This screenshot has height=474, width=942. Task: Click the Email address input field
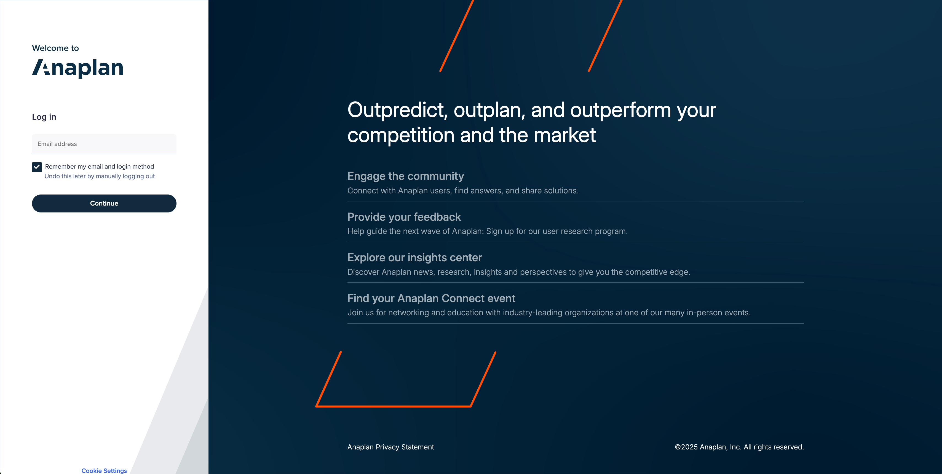point(104,144)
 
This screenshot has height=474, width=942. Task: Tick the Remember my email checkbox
point(37,167)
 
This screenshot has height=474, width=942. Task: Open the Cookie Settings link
point(104,470)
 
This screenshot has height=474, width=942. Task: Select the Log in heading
point(44,117)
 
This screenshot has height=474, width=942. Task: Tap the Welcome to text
point(55,48)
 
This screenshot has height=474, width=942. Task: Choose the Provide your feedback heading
point(404,217)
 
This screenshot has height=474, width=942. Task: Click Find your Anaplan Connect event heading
point(431,299)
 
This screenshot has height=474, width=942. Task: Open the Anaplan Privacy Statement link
point(390,447)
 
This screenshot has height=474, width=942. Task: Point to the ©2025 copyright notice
point(739,447)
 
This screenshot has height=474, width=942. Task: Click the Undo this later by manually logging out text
point(100,176)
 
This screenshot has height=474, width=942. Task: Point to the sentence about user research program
point(487,231)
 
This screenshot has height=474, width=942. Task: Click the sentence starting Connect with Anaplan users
point(463,191)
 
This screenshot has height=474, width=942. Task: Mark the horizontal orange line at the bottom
point(393,406)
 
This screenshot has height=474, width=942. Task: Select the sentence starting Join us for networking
point(548,313)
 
